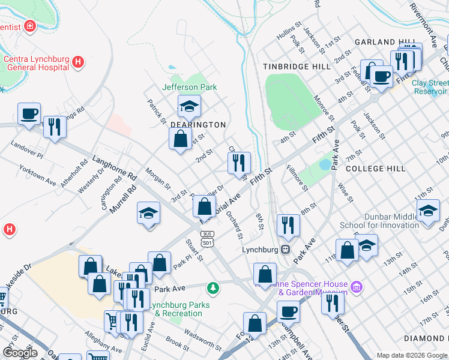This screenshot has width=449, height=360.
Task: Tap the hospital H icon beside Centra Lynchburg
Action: pyautogui.click(x=77, y=61)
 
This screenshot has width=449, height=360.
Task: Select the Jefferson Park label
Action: pyautogui.click(x=189, y=87)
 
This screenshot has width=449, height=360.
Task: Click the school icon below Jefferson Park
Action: pyautogui.click(x=189, y=107)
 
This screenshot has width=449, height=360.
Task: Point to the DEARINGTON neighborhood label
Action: pyautogui.click(x=197, y=125)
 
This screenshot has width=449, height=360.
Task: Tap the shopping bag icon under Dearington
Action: pyautogui.click(x=180, y=140)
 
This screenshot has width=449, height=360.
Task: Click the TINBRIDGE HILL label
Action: pyautogui.click(x=296, y=67)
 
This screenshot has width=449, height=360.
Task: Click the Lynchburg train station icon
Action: pyautogui.click(x=286, y=249)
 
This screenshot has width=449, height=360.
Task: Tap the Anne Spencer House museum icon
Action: pyautogui.click(x=357, y=287)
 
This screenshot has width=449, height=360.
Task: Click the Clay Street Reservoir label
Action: pyautogui.click(x=430, y=87)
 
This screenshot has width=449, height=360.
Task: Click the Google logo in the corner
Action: pyautogui.click(x=20, y=353)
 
